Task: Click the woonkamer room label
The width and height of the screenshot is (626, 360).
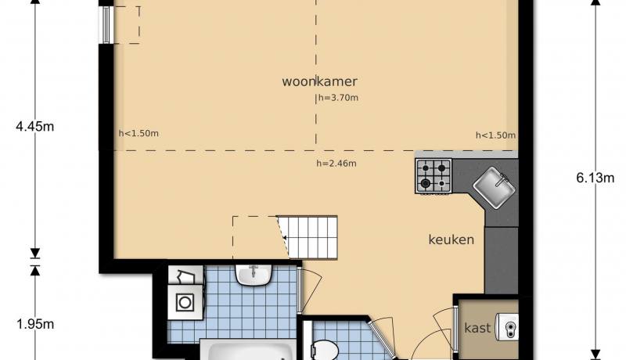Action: [319, 81]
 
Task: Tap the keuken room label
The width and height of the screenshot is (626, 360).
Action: [452, 239]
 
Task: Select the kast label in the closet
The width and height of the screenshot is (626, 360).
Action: [477, 328]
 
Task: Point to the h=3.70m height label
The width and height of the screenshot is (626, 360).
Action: [338, 98]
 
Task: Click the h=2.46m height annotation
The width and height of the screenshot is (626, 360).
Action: [336, 164]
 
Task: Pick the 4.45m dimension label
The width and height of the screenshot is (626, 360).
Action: [35, 127]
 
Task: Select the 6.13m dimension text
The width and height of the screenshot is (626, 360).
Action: [595, 178]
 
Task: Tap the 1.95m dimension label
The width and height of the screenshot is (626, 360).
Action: [35, 324]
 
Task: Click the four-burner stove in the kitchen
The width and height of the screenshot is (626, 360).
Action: [434, 176]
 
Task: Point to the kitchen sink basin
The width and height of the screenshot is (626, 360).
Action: [495, 187]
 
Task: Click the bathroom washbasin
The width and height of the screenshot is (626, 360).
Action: [254, 275]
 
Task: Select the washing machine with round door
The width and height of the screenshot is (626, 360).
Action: [185, 302]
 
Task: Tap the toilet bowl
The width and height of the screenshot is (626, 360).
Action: [324, 350]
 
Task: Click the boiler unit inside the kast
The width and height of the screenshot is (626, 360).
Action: [507, 327]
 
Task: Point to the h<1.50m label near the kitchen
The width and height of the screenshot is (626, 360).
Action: [495, 135]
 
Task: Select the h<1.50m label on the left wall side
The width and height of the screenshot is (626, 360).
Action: [139, 133]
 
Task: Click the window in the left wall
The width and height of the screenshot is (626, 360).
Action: [106, 25]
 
